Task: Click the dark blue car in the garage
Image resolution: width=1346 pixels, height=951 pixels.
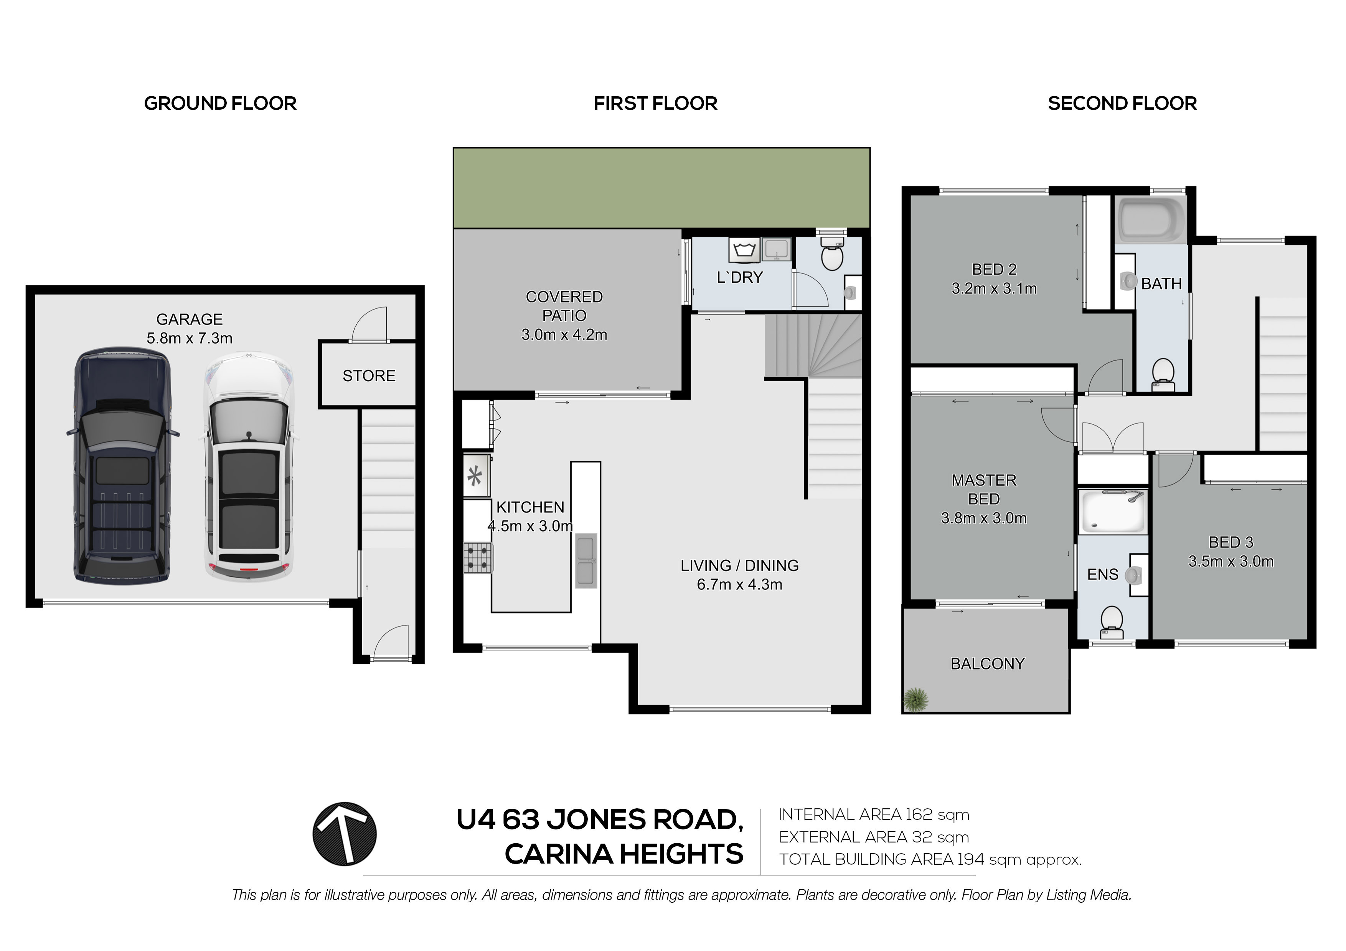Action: click(122, 466)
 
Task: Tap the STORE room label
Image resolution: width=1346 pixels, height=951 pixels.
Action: click(369, 375)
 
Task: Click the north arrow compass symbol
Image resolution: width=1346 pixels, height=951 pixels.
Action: click(344, 834)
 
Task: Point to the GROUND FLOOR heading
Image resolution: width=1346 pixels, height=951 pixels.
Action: click(220, 103)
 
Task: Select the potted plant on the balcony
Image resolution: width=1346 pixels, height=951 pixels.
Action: click(916, 699)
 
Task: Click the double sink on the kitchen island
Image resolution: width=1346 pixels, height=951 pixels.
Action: click(586, 561)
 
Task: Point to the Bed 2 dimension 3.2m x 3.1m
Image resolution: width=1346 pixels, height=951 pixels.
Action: click(994, 289)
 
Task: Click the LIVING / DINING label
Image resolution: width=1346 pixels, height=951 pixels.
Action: click(739, 566)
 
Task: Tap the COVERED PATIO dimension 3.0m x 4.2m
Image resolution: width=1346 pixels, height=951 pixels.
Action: click(564, 335)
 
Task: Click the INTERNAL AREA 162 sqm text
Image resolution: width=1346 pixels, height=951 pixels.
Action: click(874, 814)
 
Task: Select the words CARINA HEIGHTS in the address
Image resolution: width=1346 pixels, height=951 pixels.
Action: click(624, 854)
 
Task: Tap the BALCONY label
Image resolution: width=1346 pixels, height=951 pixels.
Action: click(987, 664)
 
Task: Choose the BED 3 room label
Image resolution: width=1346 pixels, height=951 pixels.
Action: click(1231, 542)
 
